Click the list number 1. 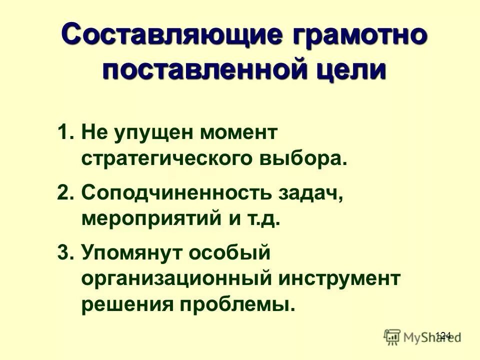point(65,133)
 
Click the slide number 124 point(443,335)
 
